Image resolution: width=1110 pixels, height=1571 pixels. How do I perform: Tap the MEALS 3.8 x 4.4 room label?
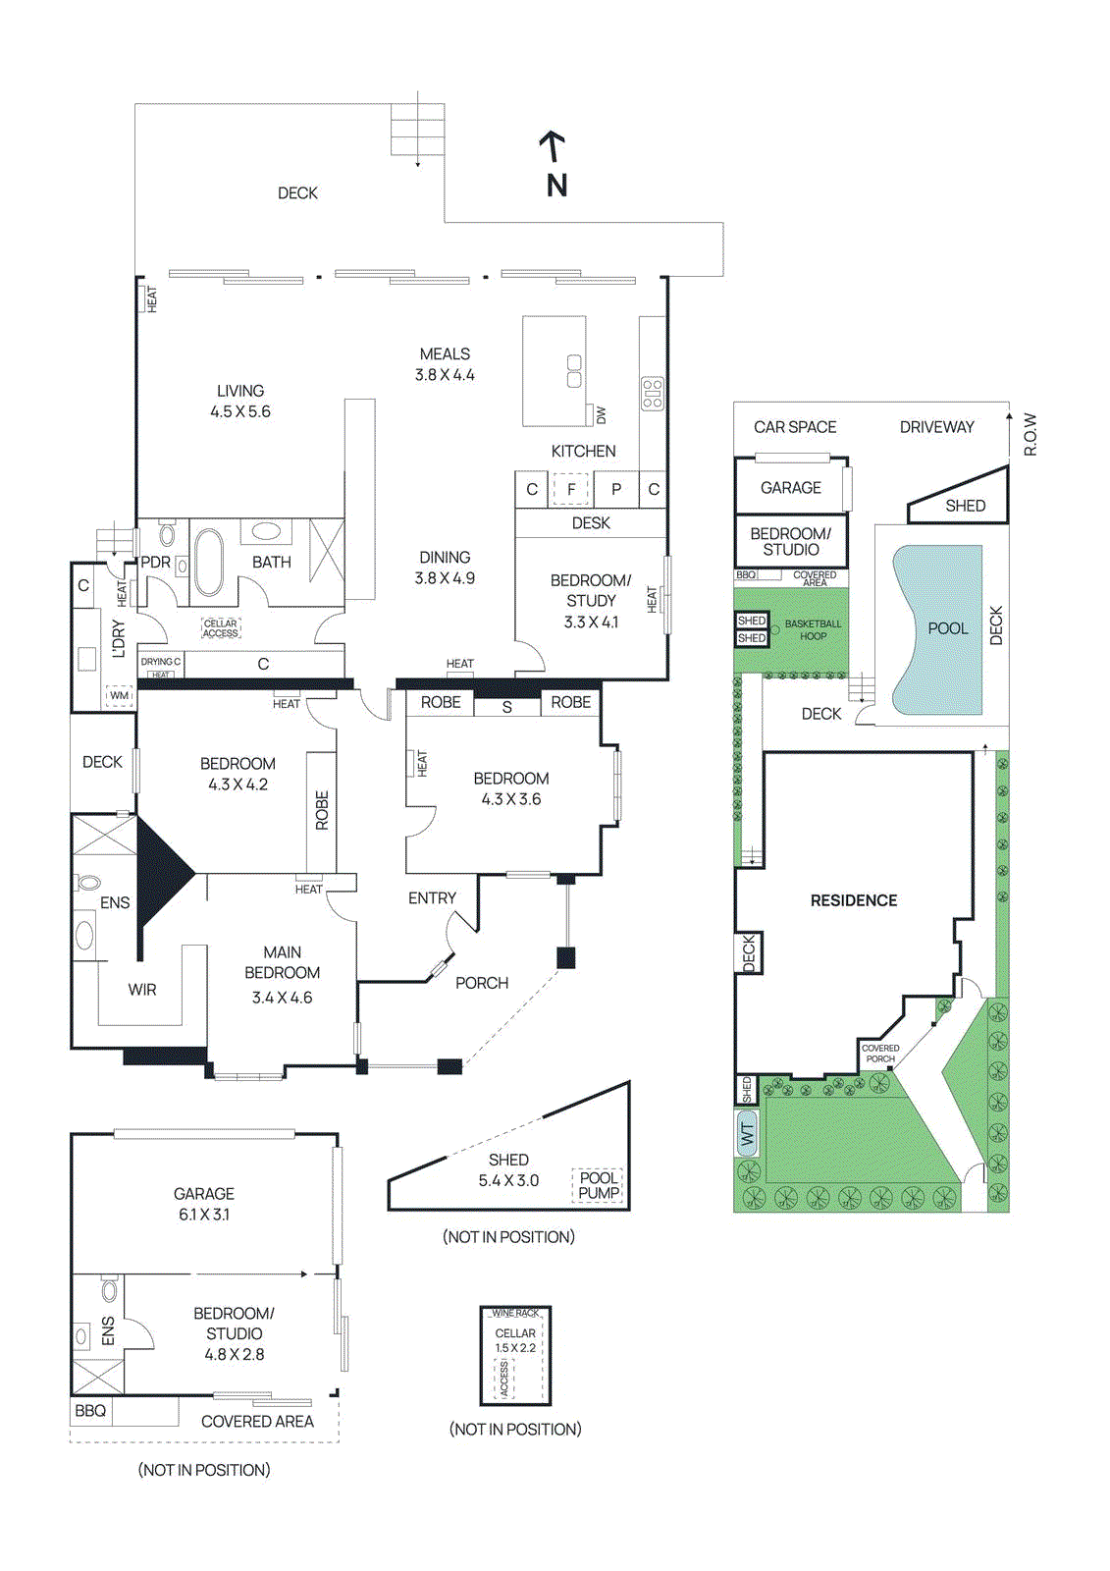[445, 364]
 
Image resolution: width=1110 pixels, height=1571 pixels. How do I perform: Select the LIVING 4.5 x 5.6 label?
[240, 401]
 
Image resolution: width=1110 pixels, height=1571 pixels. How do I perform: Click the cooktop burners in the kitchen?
[653, 393]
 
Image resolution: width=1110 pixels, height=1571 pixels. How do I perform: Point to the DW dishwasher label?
[602, 415]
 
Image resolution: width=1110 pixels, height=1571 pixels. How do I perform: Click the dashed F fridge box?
[570, 489]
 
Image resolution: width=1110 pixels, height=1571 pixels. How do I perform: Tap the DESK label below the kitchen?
[591, 523]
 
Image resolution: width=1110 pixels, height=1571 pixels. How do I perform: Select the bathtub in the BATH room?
[208, 562]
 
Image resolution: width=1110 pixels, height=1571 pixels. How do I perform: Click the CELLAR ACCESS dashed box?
[221, 628]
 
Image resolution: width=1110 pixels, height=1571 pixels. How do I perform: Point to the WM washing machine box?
[119, 695]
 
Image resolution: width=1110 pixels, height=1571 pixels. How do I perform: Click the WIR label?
[142, 990]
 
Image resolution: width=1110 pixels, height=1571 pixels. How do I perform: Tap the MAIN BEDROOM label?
[283, 963]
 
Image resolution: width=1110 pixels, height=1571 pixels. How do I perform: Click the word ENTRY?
[432, 897]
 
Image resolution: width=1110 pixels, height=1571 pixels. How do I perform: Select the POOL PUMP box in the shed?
[599, 1185]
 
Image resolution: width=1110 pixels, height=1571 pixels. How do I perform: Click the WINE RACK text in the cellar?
[515, 1313]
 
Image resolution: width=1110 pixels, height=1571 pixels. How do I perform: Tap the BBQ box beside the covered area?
[90, 1411]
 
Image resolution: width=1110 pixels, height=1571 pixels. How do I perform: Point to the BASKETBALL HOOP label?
[813, 629]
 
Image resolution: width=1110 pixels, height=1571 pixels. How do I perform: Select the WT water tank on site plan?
[748, 1134]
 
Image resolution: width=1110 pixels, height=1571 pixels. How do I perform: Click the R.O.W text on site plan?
[1031, 434]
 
